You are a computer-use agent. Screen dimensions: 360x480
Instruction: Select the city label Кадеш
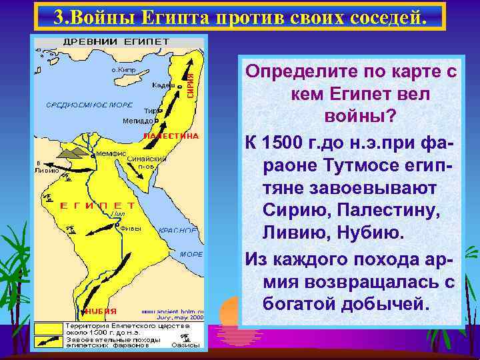163,85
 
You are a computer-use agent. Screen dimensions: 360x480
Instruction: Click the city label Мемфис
112,153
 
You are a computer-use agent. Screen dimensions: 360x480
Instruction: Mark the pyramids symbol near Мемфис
74,154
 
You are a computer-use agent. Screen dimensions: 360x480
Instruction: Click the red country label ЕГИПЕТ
97,205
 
